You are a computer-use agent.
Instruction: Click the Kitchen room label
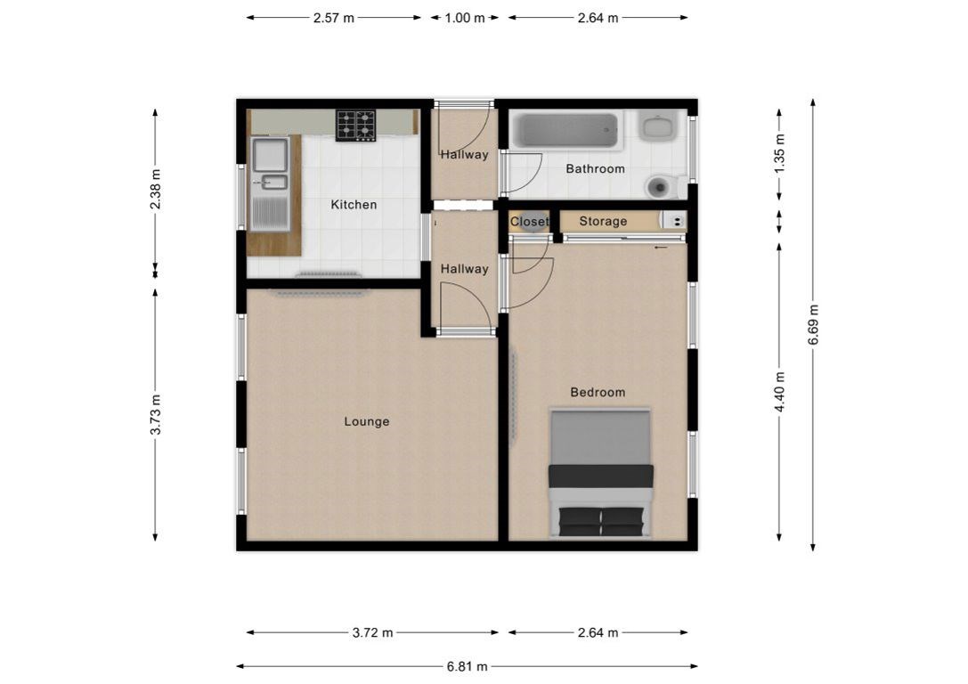(354, 204)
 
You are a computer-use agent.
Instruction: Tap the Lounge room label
(367, 421)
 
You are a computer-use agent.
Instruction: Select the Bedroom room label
(598, 392)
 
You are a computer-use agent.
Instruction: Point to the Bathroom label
(595, 168)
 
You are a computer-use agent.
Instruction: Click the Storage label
(603, 221)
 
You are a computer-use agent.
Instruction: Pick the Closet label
(529, 221)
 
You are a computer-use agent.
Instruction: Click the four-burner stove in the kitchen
(356, 126)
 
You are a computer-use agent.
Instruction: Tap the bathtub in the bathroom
(565, 131)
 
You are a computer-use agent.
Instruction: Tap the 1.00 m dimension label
(465, 18)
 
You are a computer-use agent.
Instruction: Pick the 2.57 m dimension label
(334, 18)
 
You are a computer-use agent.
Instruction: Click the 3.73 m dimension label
(155, 414)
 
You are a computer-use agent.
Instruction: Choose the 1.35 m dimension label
(779, 153)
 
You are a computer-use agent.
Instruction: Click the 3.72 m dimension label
(373, 632)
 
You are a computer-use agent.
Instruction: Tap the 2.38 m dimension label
(155, 189)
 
